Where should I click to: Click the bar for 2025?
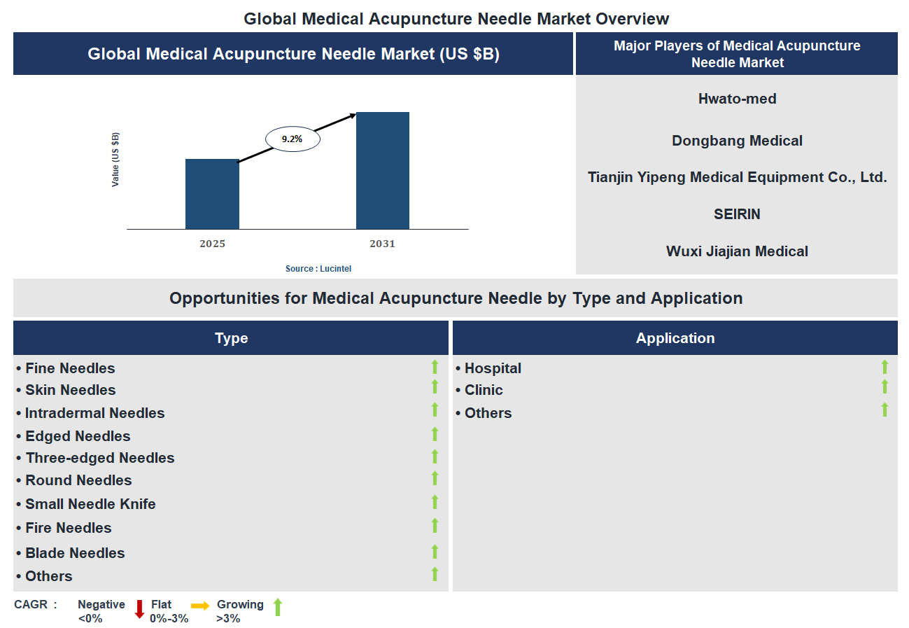(x=212, y=194)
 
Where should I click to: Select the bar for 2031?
(x=382, y=170)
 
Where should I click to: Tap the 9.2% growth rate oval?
(x=293, y=139)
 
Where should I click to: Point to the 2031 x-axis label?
(x=382, y=244)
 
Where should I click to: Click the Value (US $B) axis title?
(x=115, y=159)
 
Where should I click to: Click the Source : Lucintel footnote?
(x=318, y=269)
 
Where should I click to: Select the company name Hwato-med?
(x=737, y=99)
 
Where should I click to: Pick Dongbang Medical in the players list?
(x=737, y=141)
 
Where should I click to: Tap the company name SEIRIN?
(x=737, y=214)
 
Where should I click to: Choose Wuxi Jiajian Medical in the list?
(x=737, y=251)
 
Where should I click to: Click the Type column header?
(x=231, y=338)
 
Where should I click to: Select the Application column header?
(x=675, y=338)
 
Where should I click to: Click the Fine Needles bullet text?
(x=69, y=368)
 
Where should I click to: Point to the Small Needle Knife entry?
(x=90, y=504)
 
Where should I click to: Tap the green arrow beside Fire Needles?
(x=435, y=526)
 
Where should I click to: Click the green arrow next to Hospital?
(x=885, y=367)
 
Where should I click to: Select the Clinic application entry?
(x=483, y=390)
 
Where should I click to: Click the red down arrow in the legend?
(x=139, y=608)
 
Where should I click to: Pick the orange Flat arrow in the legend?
(x=200, y=606)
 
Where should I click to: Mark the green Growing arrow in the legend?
(x=277, y=607)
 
